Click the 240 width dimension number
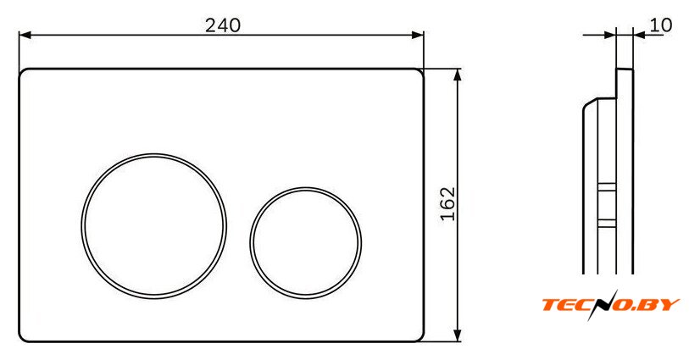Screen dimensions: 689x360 (x=223, y=25)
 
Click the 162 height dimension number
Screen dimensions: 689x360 (x=447, y=204)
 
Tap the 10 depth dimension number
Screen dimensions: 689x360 (x=661, y=25)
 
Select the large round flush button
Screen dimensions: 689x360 (x=153, y=153)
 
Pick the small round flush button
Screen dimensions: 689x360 (x=306, y=188)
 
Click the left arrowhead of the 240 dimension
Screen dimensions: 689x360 (x=25, y=35)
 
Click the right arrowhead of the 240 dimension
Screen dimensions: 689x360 (x=418, y=35)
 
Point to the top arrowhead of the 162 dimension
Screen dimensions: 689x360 (x=458, y=75)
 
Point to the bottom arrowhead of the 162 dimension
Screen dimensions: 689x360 (x=458, y=335)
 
